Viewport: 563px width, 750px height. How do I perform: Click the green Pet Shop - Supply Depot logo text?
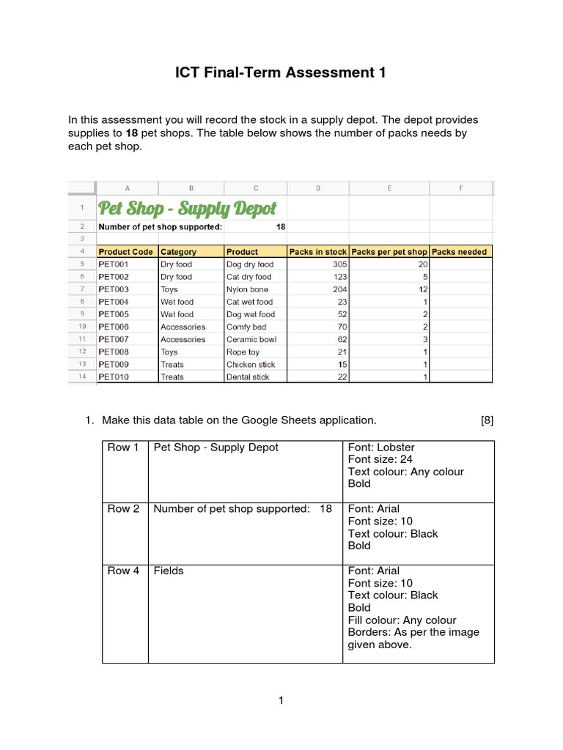188,208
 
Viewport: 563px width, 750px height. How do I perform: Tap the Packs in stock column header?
317,251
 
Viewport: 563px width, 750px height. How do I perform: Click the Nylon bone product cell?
247,289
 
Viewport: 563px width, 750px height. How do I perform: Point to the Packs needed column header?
459,251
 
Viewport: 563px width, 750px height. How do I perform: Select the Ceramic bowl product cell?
251,339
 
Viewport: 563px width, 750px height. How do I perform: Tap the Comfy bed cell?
246,327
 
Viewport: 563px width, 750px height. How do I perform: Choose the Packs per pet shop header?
389,251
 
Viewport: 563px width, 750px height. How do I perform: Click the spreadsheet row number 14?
82,376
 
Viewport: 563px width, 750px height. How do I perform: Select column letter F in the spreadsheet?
461,188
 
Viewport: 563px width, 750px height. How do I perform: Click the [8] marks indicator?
487,420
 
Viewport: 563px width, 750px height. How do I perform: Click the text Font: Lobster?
381,448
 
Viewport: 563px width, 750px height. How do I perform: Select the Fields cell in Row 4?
168,571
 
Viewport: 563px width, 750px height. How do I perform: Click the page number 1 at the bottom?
281,701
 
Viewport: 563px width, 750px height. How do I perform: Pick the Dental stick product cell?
248,376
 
